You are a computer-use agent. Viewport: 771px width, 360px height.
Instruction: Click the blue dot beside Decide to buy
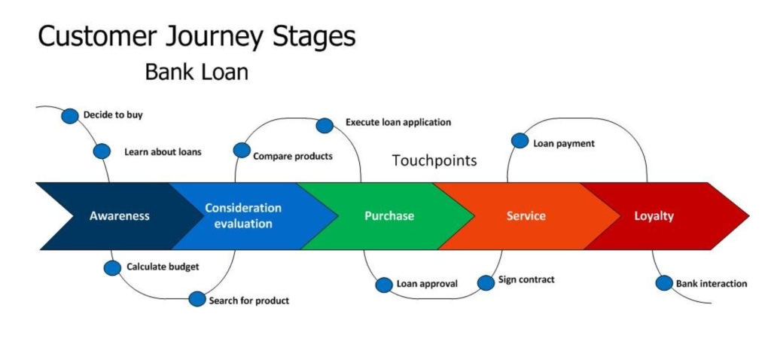[x=70, y=115]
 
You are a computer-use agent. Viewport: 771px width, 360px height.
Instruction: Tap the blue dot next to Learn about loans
[x=102, y=151]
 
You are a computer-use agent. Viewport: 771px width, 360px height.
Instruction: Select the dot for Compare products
[x=242, y=151]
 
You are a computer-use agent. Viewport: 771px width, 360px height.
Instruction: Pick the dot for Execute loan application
[x=325, y=125]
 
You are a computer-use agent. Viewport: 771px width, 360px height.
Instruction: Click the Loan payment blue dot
[x=520, y=141]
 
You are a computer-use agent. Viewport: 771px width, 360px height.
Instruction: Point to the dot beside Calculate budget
[x=112, y=267]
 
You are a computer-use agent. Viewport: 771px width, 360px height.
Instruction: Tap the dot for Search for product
[x=197, y=299]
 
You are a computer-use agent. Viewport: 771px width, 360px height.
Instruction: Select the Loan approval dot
[x=384, y=285]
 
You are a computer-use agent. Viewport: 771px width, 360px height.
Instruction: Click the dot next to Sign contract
[x=486, y=282]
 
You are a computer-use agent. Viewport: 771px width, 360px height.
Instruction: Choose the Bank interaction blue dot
[x=663, y=283]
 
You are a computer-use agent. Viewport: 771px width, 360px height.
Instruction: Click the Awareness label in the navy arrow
[x=120, y=216]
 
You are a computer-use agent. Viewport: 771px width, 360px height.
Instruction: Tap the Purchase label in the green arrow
[x=389, y=216]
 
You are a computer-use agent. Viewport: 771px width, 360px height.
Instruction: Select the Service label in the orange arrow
[x=526, y=216]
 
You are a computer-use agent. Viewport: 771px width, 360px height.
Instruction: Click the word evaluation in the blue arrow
[x=242, y=224]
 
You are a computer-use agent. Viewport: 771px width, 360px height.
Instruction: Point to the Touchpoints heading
[x=434, y=160]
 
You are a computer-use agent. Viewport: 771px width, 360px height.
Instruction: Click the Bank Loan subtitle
[x=197, y=73]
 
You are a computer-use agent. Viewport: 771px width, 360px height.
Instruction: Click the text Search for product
[x=249, y=301]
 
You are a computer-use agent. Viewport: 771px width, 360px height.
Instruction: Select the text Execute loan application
[x=398, y=122]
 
